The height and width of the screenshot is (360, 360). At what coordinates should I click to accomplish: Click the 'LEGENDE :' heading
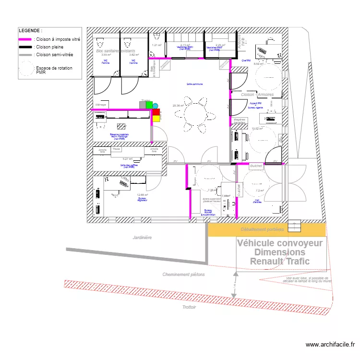click(30, 30)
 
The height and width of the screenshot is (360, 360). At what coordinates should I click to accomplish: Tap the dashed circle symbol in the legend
click(26, 70)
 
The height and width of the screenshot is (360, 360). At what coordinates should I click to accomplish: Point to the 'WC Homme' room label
click(133, 62)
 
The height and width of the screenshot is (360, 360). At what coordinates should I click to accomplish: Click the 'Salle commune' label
click(195, 84)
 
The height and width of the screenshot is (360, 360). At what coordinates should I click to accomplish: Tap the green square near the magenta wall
click(149, 104)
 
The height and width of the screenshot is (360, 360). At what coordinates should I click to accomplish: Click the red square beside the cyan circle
click(156, 111)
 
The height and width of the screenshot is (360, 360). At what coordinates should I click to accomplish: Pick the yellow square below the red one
click(156, 118)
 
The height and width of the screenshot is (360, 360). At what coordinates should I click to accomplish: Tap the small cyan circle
click(155, 105)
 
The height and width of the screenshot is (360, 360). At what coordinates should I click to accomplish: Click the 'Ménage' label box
click(101, 105)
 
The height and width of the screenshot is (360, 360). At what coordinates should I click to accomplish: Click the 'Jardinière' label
click(143, 238)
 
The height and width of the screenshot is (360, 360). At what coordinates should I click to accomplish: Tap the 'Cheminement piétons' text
click(183, 275)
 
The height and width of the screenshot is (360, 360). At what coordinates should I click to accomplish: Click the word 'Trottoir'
click(189, 307)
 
